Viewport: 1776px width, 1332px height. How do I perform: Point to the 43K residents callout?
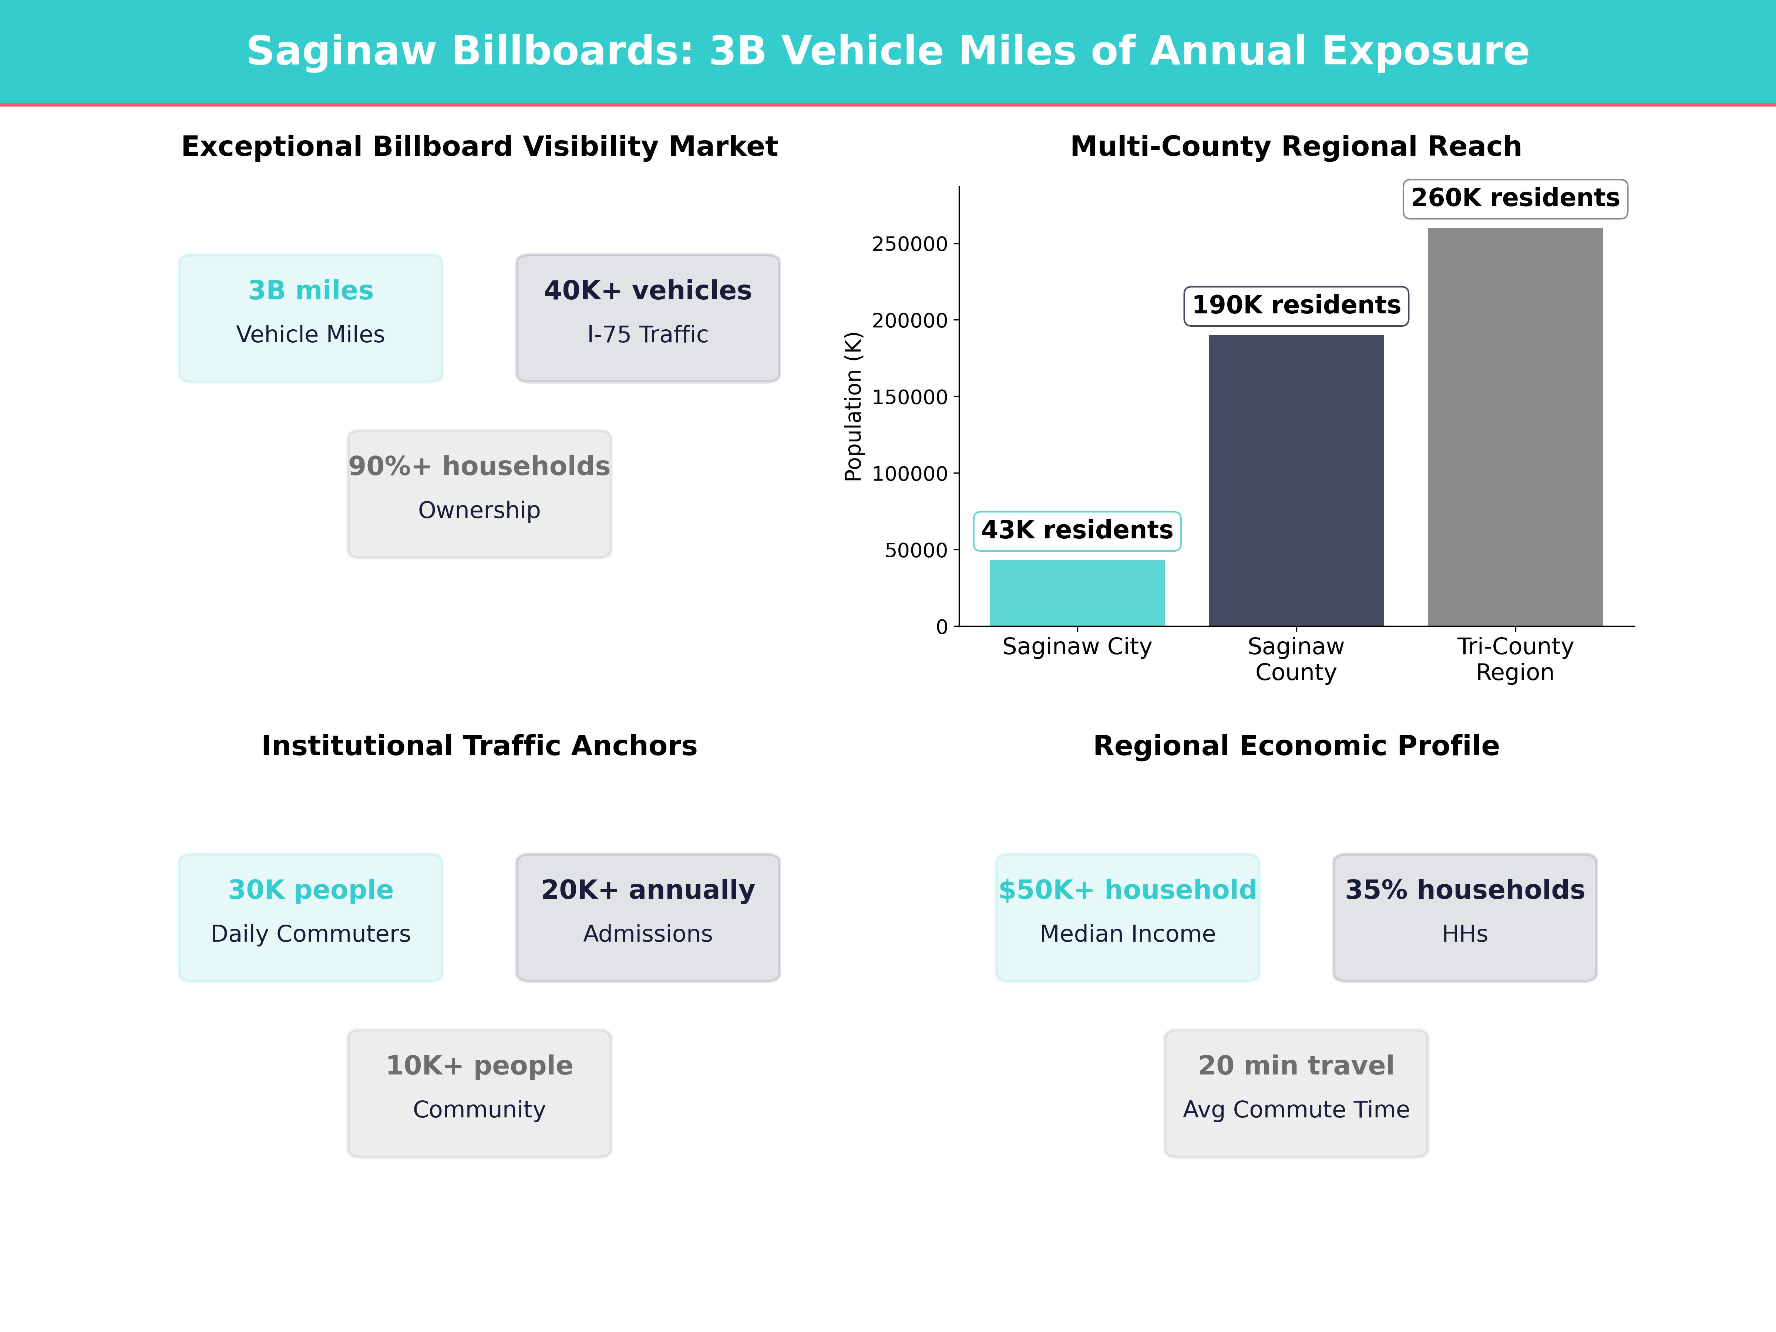1077,531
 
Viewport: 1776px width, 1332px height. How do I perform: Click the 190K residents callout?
1296,306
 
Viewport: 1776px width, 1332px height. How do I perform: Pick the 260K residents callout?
1515,198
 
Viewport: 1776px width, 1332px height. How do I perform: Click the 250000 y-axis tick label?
910,244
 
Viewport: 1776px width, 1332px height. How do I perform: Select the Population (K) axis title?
853,406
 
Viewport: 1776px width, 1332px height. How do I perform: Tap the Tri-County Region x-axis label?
1515,659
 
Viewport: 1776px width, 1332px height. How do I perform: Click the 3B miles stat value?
311,291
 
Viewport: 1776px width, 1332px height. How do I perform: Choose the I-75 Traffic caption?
648,335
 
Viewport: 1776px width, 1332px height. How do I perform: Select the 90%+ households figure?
479,467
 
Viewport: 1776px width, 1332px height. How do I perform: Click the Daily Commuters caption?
311,934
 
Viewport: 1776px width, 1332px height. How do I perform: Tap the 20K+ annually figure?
648,889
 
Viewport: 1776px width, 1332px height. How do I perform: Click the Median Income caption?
1127,934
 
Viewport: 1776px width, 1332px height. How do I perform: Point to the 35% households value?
1464,889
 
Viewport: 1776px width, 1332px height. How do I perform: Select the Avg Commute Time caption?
1296,1110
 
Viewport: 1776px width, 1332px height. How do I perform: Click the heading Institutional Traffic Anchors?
479,746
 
